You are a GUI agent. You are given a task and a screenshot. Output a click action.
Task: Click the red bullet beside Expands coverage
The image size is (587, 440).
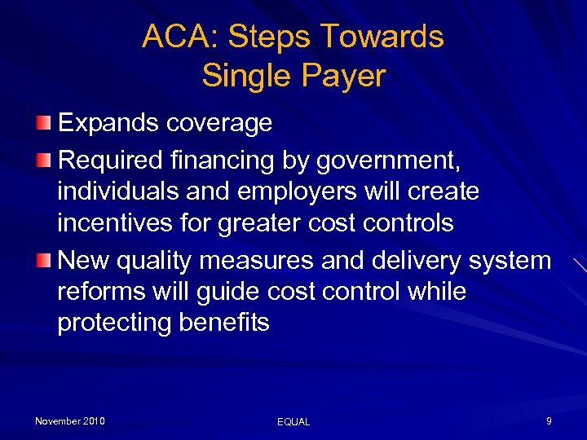pos(43,123)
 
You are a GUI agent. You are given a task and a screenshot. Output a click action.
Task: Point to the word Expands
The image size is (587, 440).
pos(108,123)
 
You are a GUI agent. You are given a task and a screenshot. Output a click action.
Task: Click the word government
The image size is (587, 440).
pos(382,161)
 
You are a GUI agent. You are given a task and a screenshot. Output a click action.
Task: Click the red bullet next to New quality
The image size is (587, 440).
pos(43,261)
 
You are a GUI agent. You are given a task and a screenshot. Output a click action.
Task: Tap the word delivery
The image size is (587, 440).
pos(411,261)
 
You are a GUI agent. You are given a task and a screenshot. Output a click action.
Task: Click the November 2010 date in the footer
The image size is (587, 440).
pos(70,421)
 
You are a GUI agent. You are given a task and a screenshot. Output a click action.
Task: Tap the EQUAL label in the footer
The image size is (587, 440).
pos(293,422)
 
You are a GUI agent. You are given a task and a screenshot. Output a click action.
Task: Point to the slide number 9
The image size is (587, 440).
pos(549,421)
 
